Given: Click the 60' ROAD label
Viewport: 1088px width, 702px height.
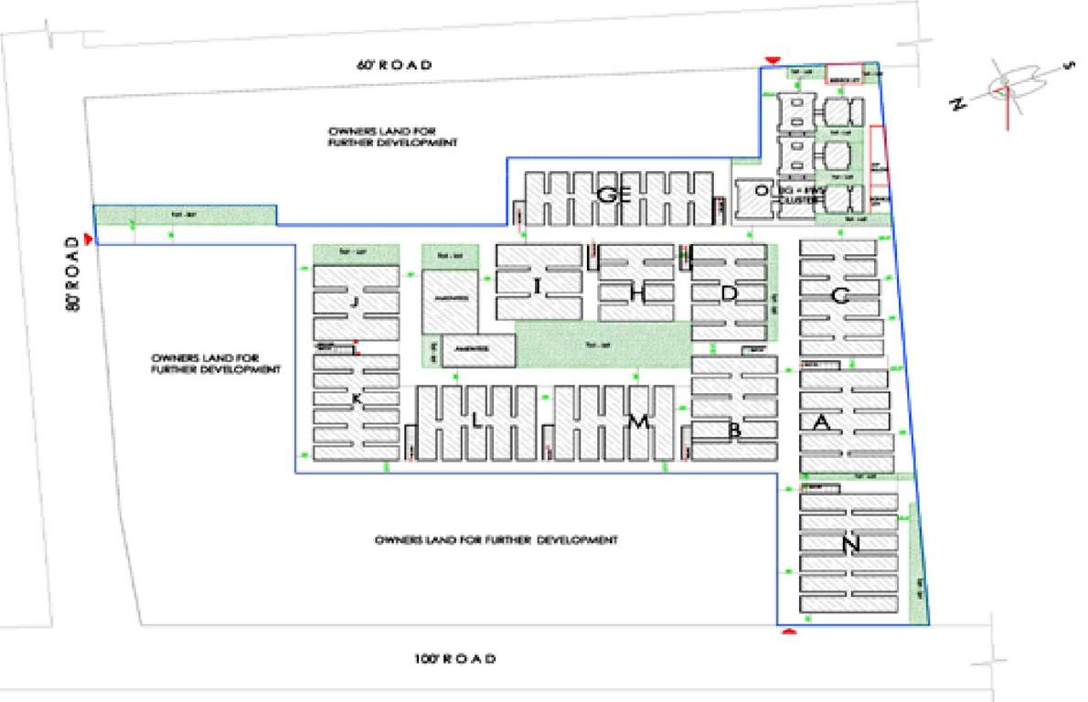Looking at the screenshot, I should [393, 65].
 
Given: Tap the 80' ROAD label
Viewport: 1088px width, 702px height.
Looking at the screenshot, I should [71, 275].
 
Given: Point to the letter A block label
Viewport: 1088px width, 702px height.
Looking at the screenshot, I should [821, 421].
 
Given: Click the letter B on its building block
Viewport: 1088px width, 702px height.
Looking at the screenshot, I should [733, 430].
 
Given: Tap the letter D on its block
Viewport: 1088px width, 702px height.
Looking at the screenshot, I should [729, 293].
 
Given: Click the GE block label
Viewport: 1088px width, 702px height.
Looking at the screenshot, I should [613, 194].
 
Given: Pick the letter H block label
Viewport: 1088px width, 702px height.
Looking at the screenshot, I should [638, 292].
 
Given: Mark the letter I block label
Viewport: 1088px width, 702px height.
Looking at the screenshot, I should [538, 289].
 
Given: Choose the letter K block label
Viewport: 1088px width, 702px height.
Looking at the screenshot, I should [357, 399].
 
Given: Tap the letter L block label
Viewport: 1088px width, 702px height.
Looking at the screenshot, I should [476, 420].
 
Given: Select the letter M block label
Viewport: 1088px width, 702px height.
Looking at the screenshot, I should [637, 421].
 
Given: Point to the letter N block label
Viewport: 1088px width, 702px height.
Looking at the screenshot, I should [851, 546].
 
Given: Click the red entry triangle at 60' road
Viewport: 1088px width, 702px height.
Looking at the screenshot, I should [773, 60].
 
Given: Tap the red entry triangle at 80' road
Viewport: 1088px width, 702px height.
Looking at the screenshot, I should [88, 239].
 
